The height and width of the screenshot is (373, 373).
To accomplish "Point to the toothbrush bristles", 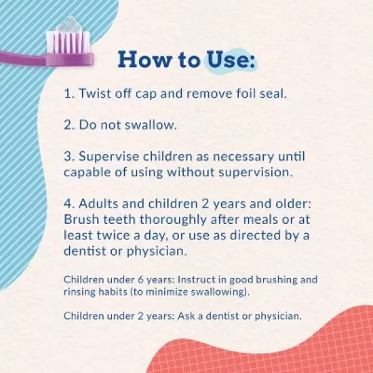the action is coord(68,42).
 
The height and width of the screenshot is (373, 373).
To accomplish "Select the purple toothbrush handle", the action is coord(46,59).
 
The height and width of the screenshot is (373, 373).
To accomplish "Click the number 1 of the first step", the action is coord(68,94).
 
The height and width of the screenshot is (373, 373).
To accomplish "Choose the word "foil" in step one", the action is coord(246,93).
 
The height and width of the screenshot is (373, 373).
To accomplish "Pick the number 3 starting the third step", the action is coord(68,157).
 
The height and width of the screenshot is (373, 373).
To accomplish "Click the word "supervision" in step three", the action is coord(254,173).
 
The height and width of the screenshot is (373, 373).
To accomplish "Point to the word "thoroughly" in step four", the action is coord(173,220).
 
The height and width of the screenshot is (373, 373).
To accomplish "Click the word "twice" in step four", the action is coord(113,235).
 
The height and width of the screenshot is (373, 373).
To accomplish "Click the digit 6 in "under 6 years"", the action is coord(140,279).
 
